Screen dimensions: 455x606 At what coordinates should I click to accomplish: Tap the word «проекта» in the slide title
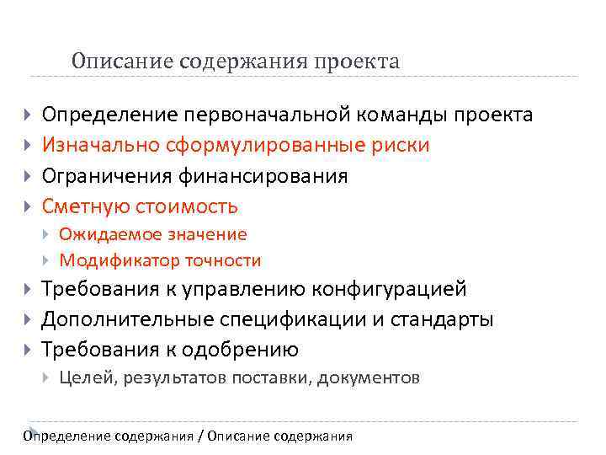click(x=357, y=62)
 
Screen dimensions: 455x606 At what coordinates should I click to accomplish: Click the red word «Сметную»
click(x=82, y=206)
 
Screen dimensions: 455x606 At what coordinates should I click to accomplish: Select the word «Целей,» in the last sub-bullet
click(x=88, y=377)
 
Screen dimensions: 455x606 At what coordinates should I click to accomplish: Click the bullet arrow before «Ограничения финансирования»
click(x=28, y=176)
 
